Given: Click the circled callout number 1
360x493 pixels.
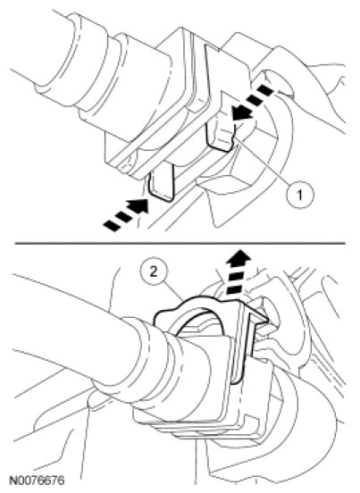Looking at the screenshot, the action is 300,195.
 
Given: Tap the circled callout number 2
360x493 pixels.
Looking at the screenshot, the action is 154,272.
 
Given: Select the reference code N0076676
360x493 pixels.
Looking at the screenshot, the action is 38,480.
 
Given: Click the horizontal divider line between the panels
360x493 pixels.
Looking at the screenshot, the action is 180,243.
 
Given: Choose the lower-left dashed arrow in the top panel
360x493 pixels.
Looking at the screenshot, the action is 126,214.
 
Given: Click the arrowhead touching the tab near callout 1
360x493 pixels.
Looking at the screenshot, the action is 241,113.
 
